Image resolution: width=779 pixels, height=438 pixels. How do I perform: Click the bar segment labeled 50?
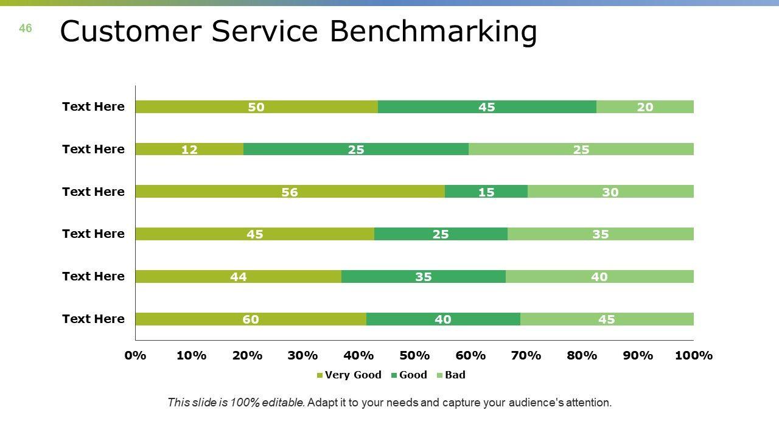pyautogui.click(x=256, y=107)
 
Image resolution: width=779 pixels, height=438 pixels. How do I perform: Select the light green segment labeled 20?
pyautogui.click(x=645, y=107)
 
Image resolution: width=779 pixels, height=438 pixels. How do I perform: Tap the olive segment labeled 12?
pyautogui.click(x=189, y=149)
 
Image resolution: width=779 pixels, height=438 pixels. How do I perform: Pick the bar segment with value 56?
pyautogui.click(x=290, y=192)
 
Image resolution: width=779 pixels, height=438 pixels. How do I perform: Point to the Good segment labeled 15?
pyautogui.click(x=486, y=192)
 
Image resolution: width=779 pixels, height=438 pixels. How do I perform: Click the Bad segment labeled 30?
pyautogui.click(x=610, y=192)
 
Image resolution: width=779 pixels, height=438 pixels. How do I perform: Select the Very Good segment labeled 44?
pyautogui.click(x=239, y=277)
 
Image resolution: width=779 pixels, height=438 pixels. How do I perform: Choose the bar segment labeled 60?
pyautogui.click(x=251, y=319)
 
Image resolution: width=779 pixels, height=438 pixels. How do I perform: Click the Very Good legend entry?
pyautogui.click(x=349, y=375)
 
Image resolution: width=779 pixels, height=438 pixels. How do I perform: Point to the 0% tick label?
pyautogui.click(x=135, y=356)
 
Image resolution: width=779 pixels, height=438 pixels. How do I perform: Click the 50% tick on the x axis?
pyautogui.click(x=414, y=356)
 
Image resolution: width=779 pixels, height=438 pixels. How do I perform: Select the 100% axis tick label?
pyautogui.click(x=693, y=356)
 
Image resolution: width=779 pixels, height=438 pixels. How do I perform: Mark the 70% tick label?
pyautogui.click(x=526, y=356)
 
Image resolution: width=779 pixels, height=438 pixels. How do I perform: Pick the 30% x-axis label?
pyautogui.click(x=303, y=356)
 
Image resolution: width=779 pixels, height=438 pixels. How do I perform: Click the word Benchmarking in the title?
pyautogui.click(x=433, y=32)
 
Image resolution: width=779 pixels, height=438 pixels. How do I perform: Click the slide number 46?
pyautogui.click(x=26, y=28)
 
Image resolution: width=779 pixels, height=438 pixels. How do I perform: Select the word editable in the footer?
pyautogui.click(x=284, y=402)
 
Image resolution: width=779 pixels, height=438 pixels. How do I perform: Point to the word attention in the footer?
pyautogui.click(x=587, y=402)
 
